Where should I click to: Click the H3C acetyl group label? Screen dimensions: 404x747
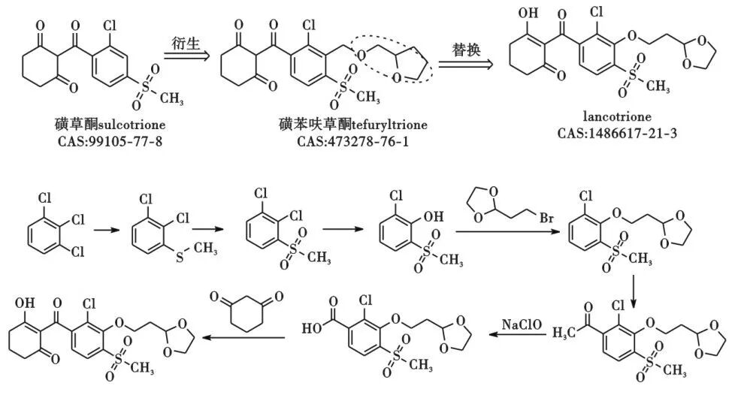(x=563, y=330)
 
